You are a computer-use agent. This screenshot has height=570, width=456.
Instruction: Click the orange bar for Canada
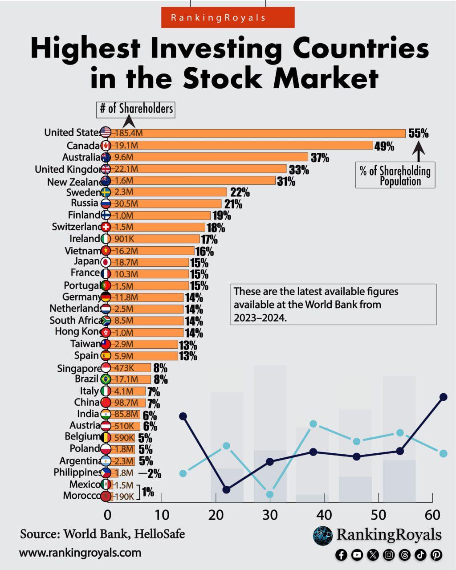tap(240, 145)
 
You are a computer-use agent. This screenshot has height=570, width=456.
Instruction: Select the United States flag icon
tap(106, 132)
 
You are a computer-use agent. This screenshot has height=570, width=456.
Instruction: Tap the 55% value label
tap(418, 133)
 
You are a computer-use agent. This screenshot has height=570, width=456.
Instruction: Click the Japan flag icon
tap(106, 262)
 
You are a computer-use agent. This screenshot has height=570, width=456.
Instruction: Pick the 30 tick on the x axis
tap(270, 515)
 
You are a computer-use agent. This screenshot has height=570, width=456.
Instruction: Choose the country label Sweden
tap(83, 192)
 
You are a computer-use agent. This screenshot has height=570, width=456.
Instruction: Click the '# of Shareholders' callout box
tap(136, 109)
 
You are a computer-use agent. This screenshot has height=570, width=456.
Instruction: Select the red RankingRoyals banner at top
tap(228, 18)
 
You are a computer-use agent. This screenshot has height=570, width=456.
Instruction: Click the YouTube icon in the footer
tap(357, 554)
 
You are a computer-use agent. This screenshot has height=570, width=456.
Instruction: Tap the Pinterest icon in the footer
tap(436, 554)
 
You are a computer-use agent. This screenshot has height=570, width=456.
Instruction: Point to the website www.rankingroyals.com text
tap(80, 553)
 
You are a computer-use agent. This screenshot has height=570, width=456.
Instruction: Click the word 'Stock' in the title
tap(222, 78)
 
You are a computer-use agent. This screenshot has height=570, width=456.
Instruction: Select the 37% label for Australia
tap(320, 158)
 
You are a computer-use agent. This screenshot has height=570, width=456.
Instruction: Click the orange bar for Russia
tap(165, 204)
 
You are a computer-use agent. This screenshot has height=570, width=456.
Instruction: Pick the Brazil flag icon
tap(106, 379)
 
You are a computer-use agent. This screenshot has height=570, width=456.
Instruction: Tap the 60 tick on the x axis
tap(432, 515)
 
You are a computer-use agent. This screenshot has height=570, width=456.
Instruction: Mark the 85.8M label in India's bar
tap(126, 415)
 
